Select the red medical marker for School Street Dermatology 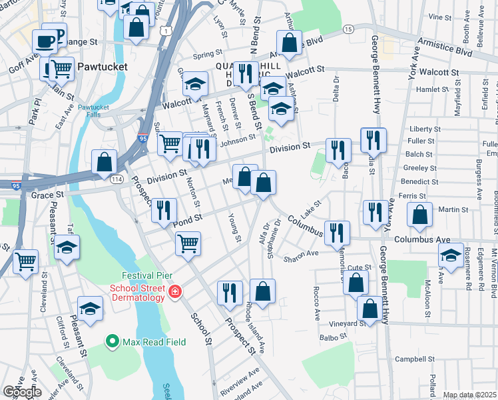point(175,292)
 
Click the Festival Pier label point(142,275)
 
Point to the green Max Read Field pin point(113,343)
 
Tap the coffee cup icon point(45,41)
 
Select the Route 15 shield point(348,29)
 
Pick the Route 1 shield point(164,31)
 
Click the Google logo point(21,392)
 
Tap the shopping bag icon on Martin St point(419,215)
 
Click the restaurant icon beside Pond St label point(164,210)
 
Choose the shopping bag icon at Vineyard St point(370,308)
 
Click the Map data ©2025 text point(469,395)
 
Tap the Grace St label point(47,195)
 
